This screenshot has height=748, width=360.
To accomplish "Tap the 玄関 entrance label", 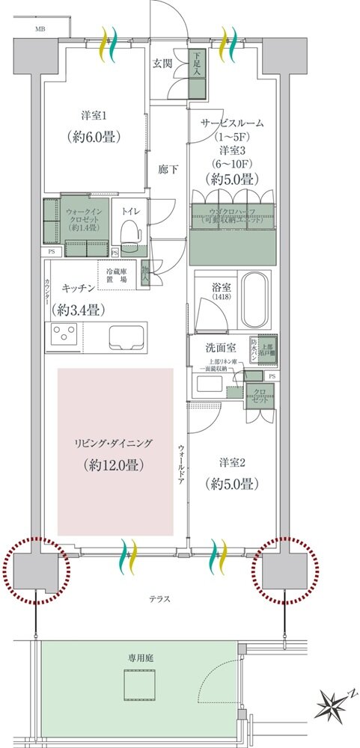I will pyautogui.click(x=163, y=64).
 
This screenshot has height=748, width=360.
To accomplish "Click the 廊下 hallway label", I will pyautogui.click(x=168, y=170).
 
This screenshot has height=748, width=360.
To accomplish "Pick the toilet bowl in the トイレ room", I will pyautogui.click(x=131, y=233).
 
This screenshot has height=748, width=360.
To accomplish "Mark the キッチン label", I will pyautogui.click(x=77, y=287).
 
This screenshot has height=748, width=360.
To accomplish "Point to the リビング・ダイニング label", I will pyautogui.click(x=115, y=443).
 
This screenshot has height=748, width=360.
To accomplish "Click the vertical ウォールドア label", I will pyautogui.click(x=181, y=465).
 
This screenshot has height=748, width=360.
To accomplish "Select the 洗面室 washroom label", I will pyautogui.click(x=222, y=348).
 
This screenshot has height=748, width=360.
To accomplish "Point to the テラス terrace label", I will pyautogui.click(x=159, y=598).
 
